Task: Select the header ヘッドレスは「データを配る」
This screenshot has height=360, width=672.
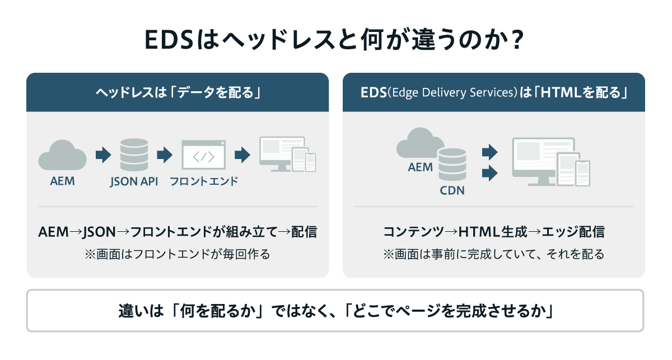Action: click(x=178, y=93)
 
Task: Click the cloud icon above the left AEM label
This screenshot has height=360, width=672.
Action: click(x=62, y=155)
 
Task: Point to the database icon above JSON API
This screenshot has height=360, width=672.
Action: click(x=134, y=155)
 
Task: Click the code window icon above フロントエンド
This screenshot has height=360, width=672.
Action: click(x=203, y=155)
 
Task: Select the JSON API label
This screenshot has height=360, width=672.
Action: click(x=134, y=181)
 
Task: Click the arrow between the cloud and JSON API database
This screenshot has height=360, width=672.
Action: click(x=103, y=155)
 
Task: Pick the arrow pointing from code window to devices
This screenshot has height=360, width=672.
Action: click(x=242, y=155)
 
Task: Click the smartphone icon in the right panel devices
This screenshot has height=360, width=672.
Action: click(x=583, y=173)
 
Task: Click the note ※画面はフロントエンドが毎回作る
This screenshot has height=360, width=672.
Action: click(x=178, y=254)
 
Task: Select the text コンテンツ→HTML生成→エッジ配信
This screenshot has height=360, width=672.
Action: click(x=493, y=232)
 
